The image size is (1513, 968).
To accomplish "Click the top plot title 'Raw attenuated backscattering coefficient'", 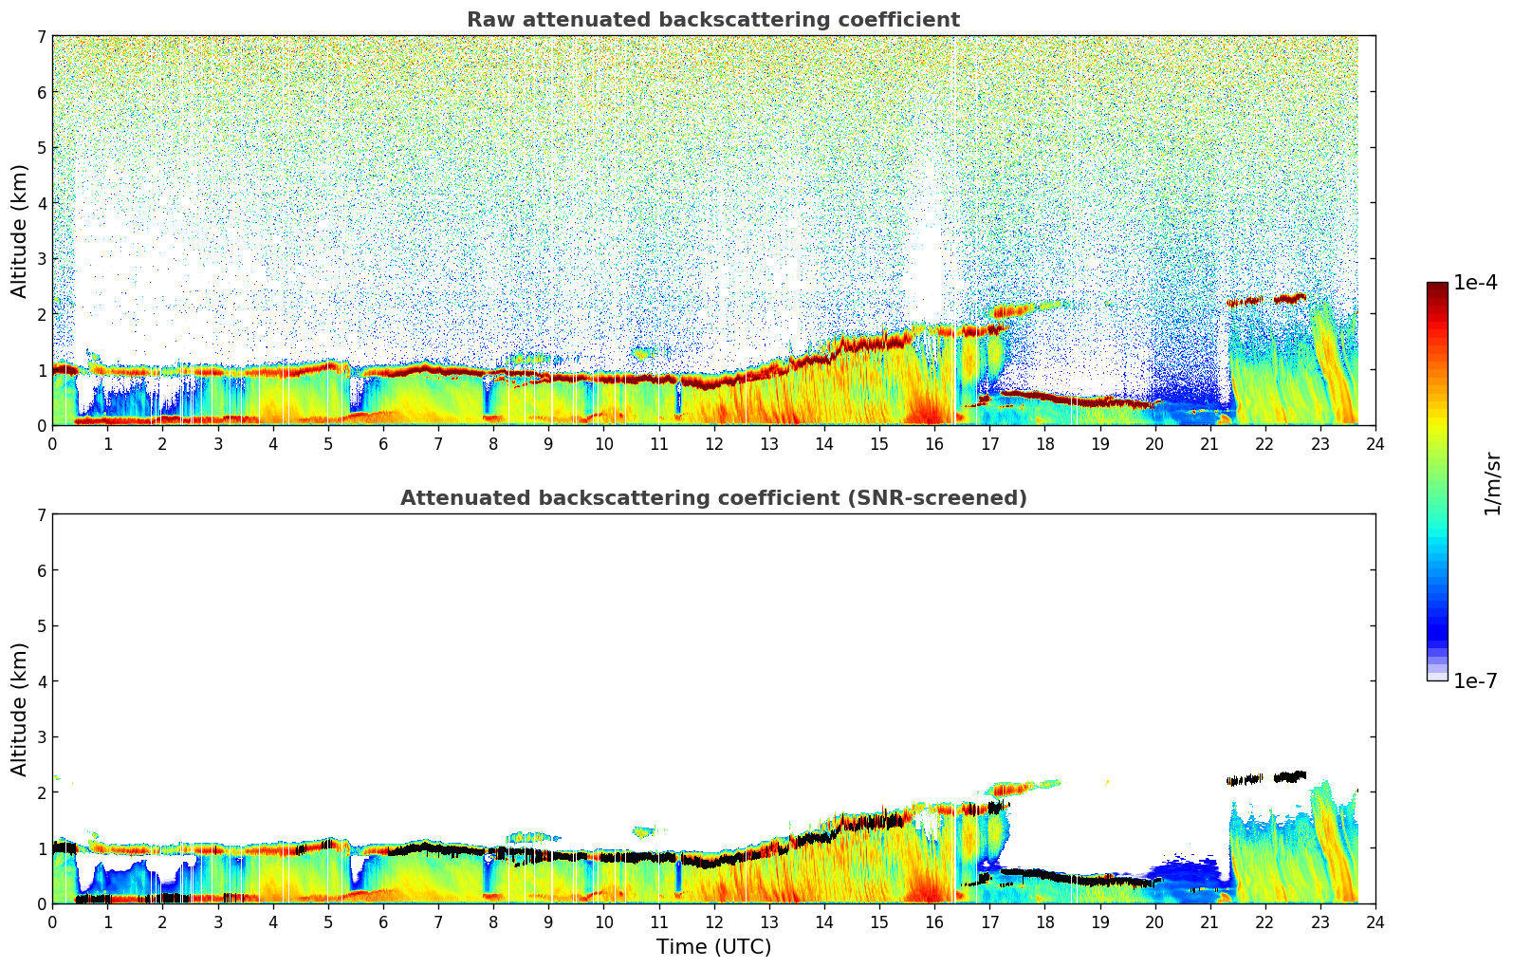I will pos(712,20).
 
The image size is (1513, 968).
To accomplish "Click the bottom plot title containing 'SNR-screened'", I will pos(712,498).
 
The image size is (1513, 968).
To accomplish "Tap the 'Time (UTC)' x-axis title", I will pos(713,947).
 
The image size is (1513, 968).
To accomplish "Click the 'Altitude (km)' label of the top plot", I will pos(20,231).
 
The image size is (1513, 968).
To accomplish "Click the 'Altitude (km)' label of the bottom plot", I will pos(20,709).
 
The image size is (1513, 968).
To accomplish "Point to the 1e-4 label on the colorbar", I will pos(1474,283).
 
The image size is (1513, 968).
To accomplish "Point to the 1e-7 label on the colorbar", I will pos(1474,680).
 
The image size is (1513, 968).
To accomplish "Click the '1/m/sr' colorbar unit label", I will pos(1492,483).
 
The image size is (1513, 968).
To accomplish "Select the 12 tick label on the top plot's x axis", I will pos(713,444).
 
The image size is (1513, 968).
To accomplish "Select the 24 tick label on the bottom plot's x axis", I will pos(1375,922).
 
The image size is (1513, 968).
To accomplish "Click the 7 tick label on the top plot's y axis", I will pos(41,37).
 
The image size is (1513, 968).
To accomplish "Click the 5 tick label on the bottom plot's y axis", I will pos(41,626).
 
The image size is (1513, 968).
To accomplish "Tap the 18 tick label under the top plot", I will pos(1044,444).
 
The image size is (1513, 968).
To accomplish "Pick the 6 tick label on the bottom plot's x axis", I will pos(383,922).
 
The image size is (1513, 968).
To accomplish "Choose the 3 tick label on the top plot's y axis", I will pos(41,259).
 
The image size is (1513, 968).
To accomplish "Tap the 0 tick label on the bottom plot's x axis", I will pos(52,922).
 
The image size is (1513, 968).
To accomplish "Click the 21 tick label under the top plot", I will pos(1209,444).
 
